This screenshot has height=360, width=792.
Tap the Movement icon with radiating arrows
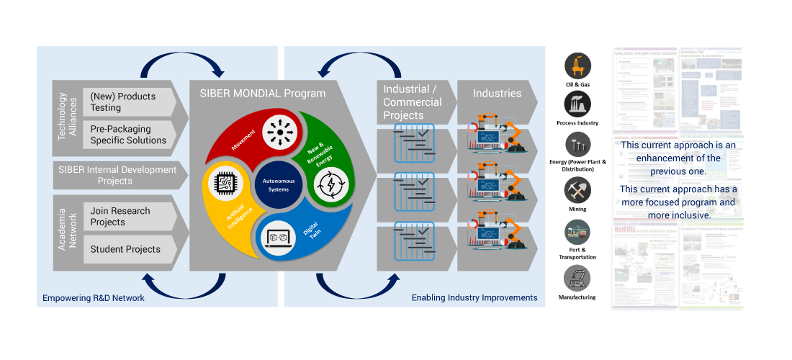(276, 133)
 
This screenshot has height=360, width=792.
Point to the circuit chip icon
(224, 185)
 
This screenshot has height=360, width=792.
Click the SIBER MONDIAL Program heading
(258, 93)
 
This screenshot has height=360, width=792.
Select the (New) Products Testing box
(130, 102)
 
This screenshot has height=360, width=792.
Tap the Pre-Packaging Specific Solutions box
(130, 135)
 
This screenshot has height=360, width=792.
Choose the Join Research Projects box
(130, 216)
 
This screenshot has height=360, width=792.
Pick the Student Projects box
(130, 249)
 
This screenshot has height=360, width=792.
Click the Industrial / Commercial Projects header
(414, 102)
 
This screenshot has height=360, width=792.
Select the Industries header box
(498, 94)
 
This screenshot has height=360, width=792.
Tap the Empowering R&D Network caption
(94, 298)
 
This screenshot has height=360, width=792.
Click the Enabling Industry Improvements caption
(474, 298)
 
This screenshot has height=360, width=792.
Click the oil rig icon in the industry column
(577, 66)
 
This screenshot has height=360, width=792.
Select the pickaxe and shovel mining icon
(577, 190)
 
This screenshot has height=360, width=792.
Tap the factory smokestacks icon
(577, 104)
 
